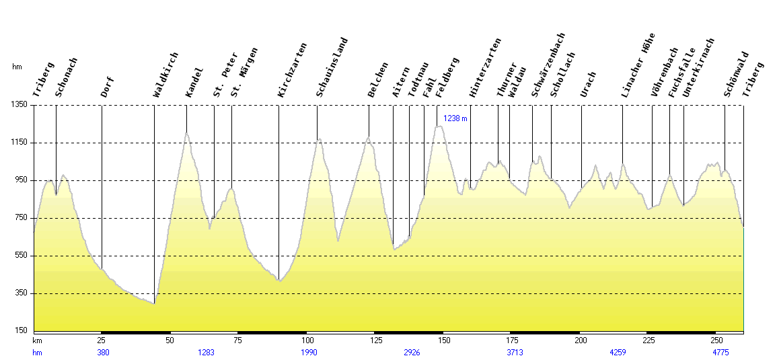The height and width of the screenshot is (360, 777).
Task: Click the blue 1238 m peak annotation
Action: point(455,118)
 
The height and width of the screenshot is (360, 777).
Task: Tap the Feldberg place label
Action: point(447,78)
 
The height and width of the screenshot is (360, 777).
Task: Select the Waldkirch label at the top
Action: point(165,75)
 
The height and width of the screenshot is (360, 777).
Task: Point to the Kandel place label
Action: point(194,83)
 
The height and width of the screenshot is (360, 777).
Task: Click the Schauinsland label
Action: point(332,68)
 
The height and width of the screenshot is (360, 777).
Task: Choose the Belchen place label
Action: point(378,80)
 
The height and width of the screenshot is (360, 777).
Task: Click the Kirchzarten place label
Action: point(292,71)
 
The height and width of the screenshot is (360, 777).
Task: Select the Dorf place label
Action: point(108,87)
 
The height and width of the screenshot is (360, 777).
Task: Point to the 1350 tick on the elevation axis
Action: point(20,105)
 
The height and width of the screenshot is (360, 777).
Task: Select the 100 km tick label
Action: point(307,341)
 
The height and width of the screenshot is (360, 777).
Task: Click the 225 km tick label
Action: point(649,341)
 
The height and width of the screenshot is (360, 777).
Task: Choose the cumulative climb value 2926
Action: point(412,352)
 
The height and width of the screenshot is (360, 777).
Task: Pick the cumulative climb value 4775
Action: point(720,352)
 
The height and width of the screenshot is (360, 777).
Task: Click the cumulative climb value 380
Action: point(103,352)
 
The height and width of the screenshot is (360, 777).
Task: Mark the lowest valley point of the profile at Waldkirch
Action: point(154,303)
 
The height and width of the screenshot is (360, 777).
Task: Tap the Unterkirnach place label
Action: point(698,68)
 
